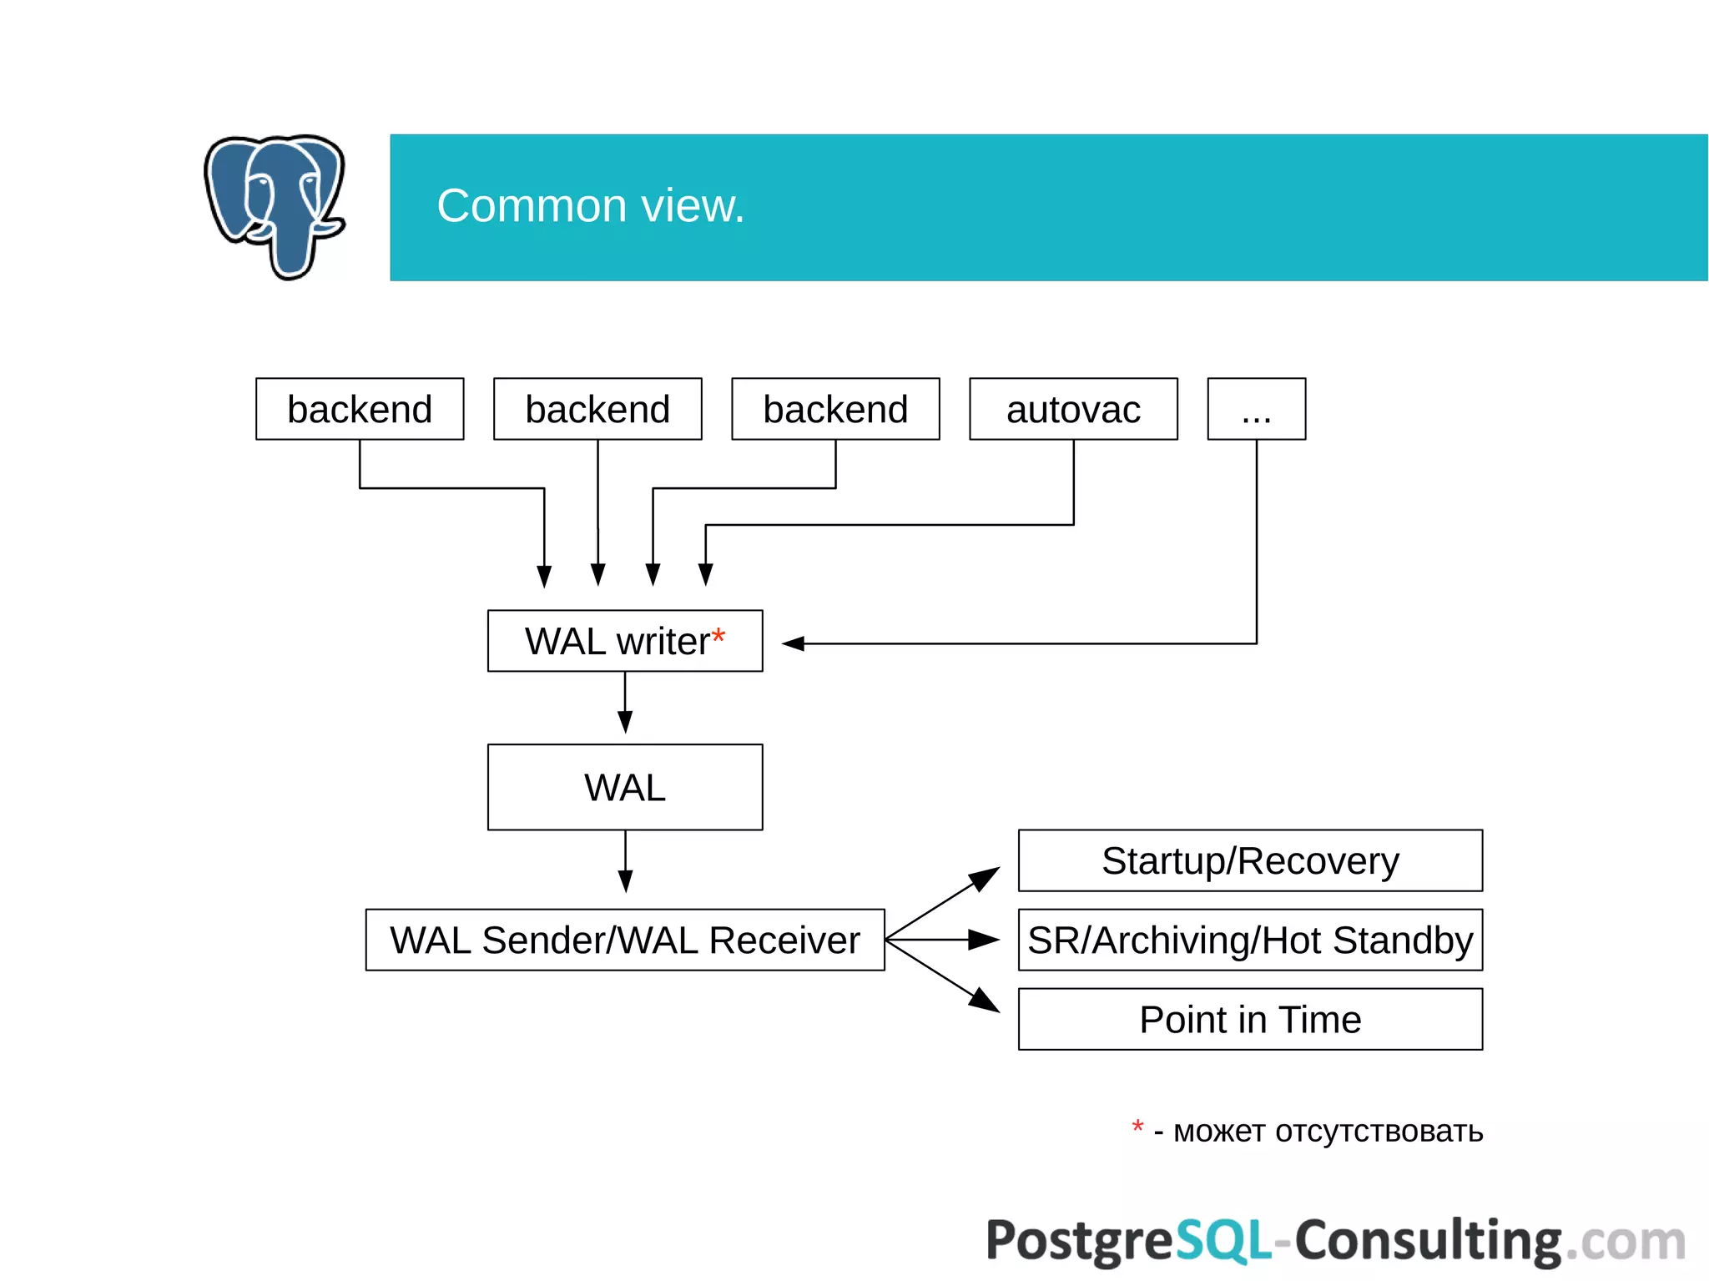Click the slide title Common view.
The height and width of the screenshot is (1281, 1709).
(x=590, y=205)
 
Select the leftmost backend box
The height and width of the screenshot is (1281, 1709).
(x=360, y=409)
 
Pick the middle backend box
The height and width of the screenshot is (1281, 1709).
(x=597, y=409)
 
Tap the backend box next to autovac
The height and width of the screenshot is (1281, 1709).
(x=835, y=409)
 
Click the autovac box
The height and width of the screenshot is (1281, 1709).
(x=1073, y=409)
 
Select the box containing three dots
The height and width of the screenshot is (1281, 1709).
(x=1256, y=409)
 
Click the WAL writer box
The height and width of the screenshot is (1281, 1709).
(x=618, y=641)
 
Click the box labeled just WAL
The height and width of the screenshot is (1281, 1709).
(x=625, y=787)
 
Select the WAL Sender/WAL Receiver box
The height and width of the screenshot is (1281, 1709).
(x=625, y=940)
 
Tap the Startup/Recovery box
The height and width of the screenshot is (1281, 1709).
(x=1250, y=860)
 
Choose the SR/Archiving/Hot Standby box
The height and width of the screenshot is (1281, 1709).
(x=1250, y=940)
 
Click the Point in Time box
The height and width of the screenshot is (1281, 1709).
(x=1250, y=1019)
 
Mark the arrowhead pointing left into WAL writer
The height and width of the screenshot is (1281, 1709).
(x=793, y=643)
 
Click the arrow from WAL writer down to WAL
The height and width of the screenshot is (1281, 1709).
(x=625, y=705)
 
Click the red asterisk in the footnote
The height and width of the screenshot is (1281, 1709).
(x=1137, y=1127)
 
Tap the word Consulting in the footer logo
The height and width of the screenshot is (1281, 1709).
(x=1427, y=1241)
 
